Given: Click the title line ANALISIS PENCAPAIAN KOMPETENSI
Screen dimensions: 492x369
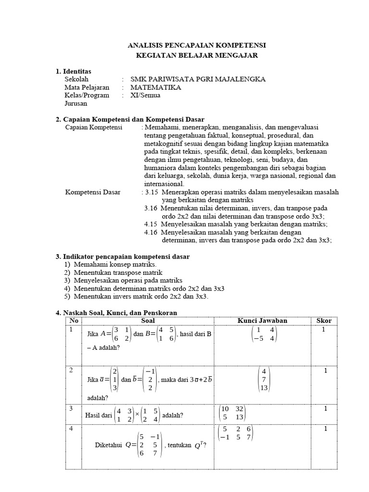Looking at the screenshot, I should [197, 45].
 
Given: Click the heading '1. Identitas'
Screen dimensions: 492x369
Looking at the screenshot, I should [74, 72].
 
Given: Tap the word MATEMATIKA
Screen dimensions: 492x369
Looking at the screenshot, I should [156, 87].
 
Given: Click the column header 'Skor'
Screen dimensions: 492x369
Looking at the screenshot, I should [324, 320].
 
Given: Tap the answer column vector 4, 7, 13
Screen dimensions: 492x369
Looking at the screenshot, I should [264, 380].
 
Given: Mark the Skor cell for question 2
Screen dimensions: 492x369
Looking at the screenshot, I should [325, 371].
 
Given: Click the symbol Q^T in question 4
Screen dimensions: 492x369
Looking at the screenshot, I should [199, 446].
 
